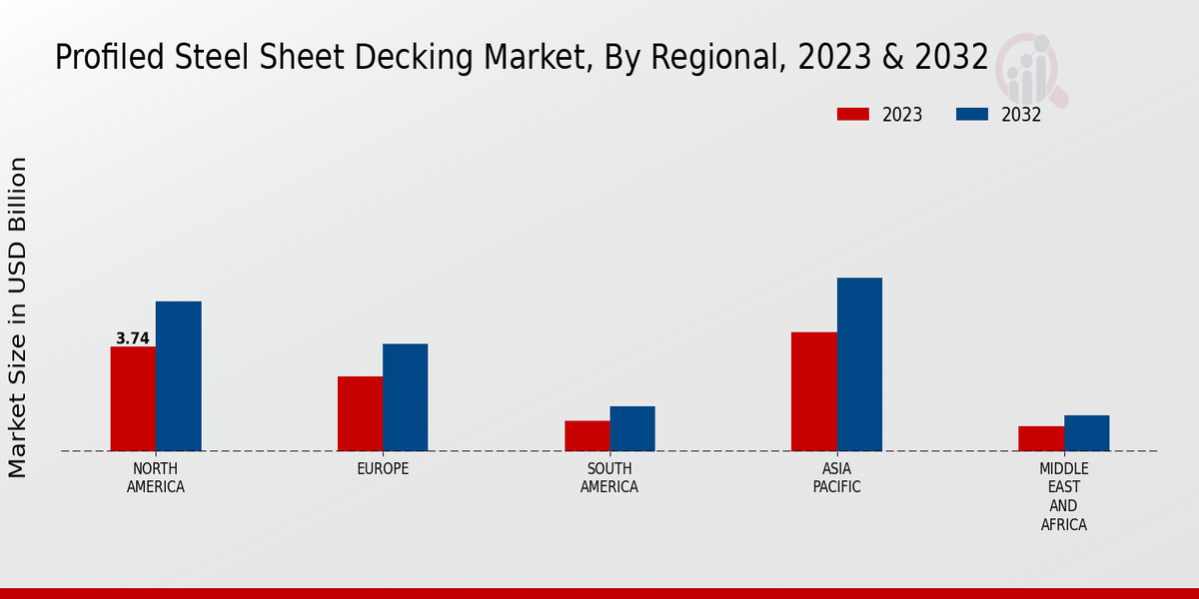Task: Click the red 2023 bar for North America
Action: point(133,398)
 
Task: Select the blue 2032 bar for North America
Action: point(178,375)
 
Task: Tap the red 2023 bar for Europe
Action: point(360,413)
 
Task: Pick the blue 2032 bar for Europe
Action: point(405,397)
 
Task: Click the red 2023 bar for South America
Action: point(587,435)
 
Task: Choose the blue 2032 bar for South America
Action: point(632,428)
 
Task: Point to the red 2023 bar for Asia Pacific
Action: point(813,391)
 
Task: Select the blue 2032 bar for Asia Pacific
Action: point(859,364)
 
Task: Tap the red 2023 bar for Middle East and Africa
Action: point(1041,438)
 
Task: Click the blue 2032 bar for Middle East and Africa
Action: point(1086,433)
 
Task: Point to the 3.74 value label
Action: point(133,338)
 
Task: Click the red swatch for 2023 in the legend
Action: point(852,114)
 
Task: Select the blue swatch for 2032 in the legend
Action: point(972,114)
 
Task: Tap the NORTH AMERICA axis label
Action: point(156,478)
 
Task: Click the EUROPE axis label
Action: point(383,469)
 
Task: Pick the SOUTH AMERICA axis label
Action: point(609,478)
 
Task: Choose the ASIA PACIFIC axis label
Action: point(836,478)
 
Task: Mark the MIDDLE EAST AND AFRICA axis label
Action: point(1063,496)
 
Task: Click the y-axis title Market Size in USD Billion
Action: point(18,317)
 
